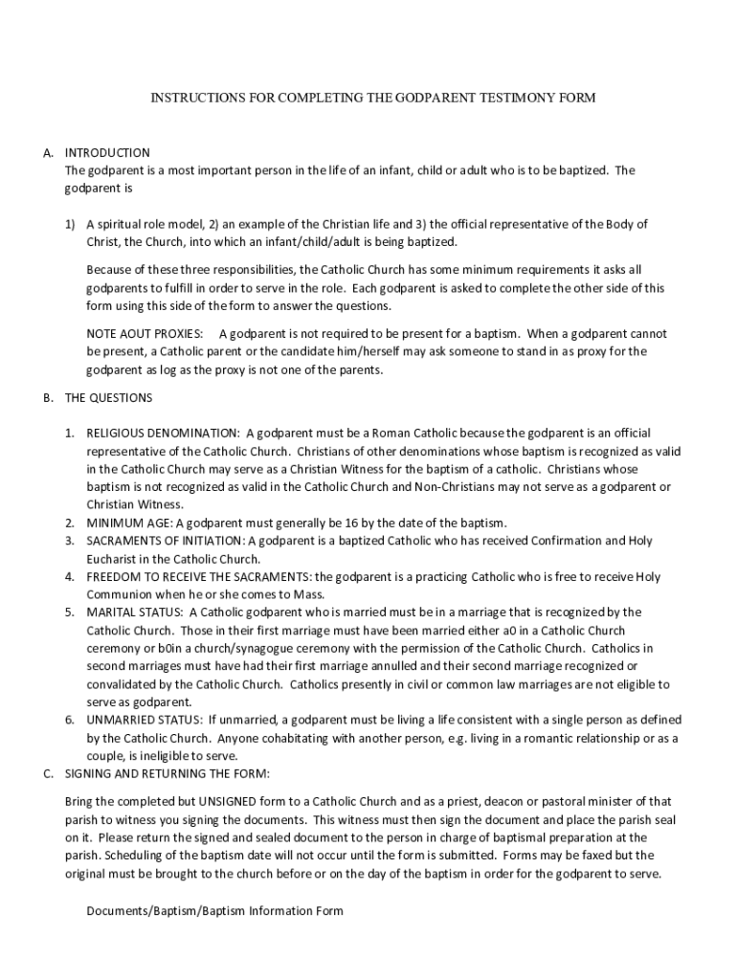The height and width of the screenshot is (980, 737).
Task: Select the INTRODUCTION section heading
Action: (107, 153)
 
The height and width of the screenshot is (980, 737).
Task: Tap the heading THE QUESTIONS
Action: (108, 397)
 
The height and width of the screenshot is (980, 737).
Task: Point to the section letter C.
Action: (47, 773)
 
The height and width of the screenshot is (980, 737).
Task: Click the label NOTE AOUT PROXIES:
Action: (145, 334)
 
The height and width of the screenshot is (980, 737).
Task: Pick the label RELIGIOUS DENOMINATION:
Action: (164, 434)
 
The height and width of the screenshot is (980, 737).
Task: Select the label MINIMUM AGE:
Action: (129, 523)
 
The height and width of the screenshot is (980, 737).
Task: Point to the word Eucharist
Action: (113, 559)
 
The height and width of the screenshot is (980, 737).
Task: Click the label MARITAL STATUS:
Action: (135, 612)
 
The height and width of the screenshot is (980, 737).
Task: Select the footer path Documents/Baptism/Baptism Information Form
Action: (214, 911)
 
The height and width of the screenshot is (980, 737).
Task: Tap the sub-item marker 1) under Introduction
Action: (71, 225)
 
